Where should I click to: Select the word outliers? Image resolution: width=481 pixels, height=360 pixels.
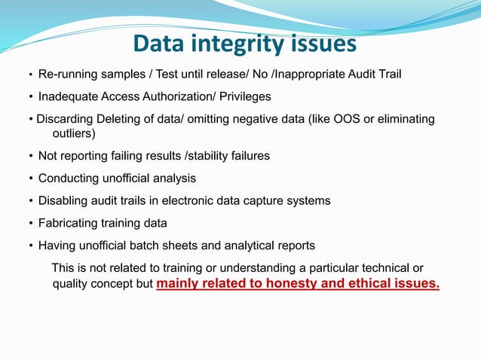72,133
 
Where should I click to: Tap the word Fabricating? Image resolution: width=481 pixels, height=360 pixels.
69,223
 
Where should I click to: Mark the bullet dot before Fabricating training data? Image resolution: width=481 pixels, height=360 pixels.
30,224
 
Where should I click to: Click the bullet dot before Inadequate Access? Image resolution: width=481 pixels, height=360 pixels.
30,98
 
